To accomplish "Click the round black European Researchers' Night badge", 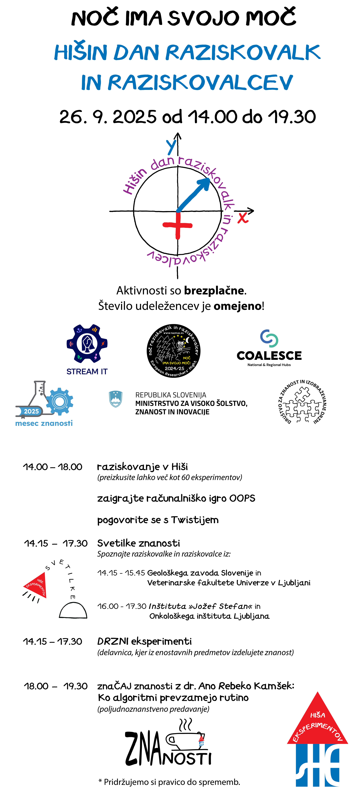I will point(174,351).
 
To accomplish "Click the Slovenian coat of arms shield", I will point(116,399).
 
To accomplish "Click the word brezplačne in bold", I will point(214,291).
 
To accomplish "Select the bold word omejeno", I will point(237,306).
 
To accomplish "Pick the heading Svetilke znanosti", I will point(138,543).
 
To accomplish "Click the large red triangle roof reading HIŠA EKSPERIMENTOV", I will point(317,723).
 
